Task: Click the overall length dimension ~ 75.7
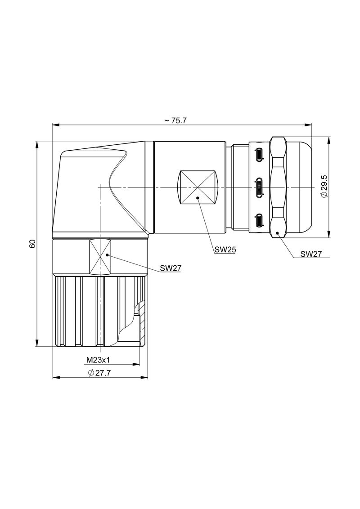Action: coord(175,121)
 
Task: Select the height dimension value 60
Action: coord(32,244)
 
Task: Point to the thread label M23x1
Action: coord(99,360)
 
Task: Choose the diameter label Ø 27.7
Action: coord(99,373)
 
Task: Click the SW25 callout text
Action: coord(225,250)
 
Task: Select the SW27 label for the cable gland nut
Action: coord(311,254)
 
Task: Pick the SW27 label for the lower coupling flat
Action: coord(171,268)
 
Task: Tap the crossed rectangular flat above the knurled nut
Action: coord(99,257)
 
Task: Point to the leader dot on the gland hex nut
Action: coord(278,232)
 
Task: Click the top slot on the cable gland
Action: coord(260,155)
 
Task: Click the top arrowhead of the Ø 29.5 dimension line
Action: coord(330,140)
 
